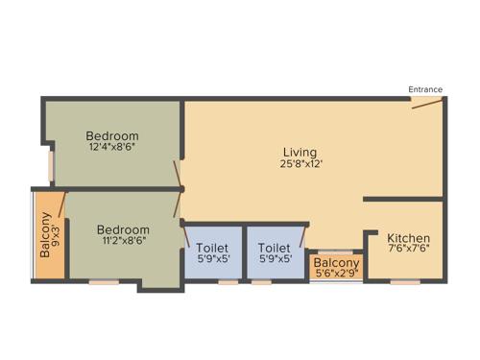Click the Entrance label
[x=425, y=89]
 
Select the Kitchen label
[x=408, y=238]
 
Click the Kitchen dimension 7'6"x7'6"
[x=408, y=251]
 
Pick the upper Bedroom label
[x=112, y=136]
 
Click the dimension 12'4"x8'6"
[x=112, y=148]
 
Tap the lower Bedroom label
[x=123, y=230]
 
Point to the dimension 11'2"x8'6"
[x=123, y=243]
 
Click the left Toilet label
[x=212, y=248]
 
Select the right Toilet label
[x=275, y=248]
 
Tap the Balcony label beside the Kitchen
[x=336, y=263]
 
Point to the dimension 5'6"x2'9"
[x=336, y=275]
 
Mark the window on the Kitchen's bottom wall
[x=405, y=282]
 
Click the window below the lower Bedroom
[x=104, y=282]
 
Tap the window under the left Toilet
[x=228, y=282]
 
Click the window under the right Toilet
[x=261, y=282]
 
